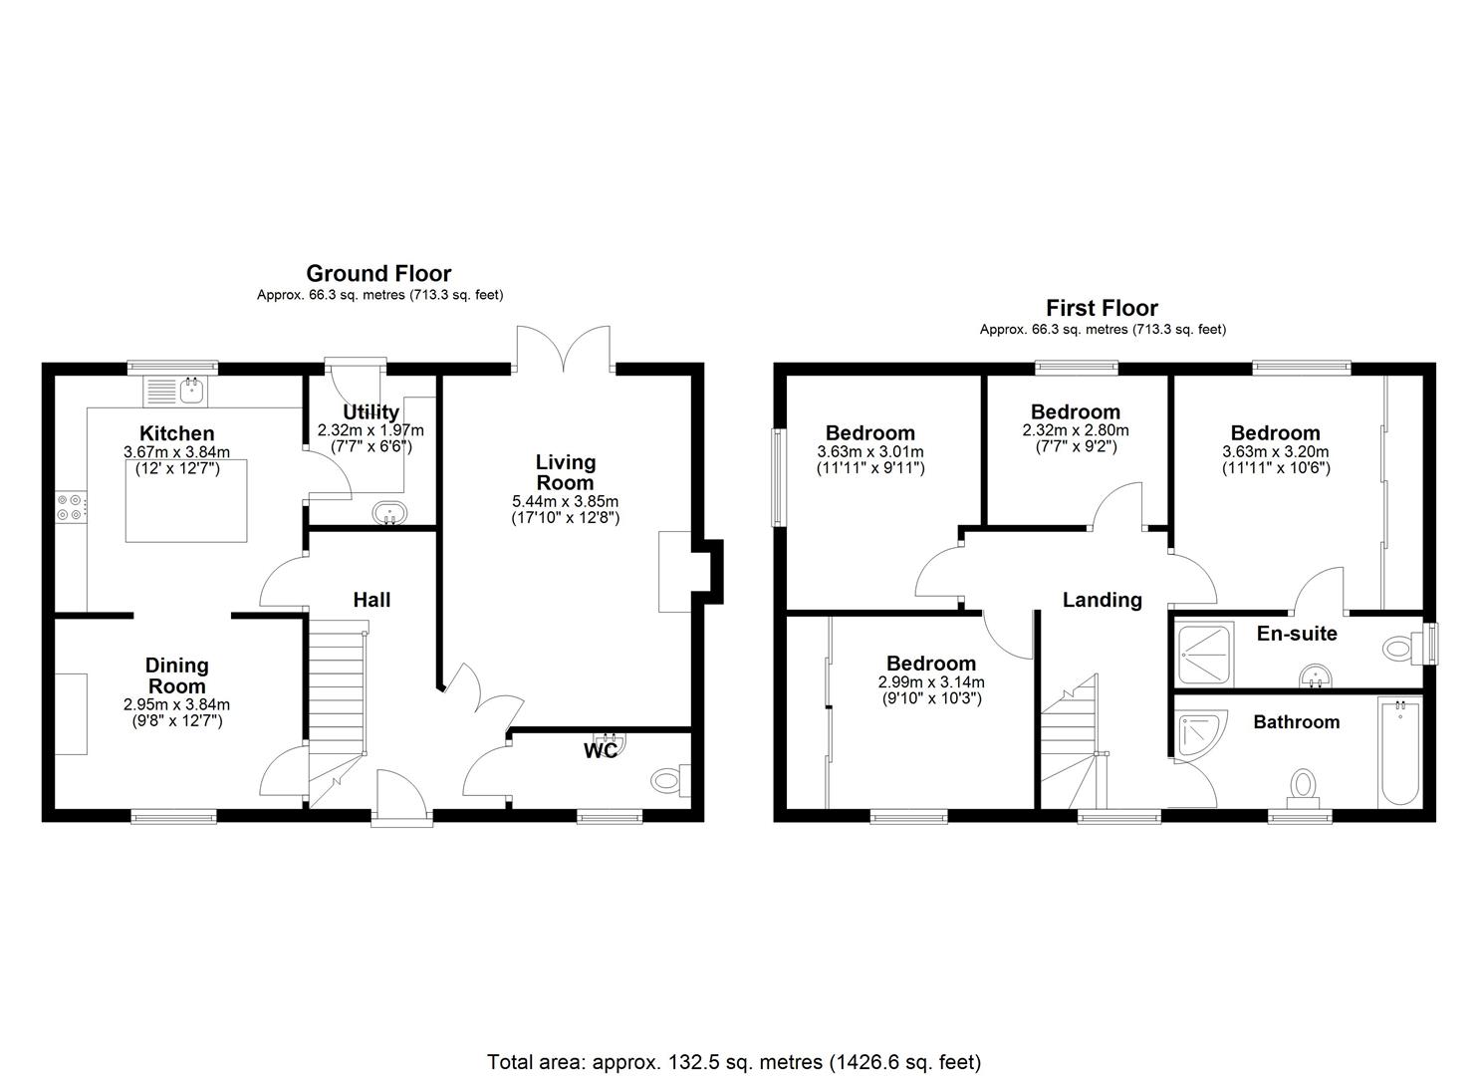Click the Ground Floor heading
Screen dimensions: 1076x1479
[x=378, y=273]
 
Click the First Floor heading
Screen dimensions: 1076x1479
[x=1102, y=308]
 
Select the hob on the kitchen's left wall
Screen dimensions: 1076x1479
[x=71, y=507]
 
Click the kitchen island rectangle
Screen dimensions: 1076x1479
[x=186, y=500]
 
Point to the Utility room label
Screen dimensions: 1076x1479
[x=370, y=411]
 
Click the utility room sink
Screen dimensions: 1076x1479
[x=389, y=513]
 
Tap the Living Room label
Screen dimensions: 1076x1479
[x=565, y=472]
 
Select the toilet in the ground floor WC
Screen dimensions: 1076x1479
[x=669, y=781]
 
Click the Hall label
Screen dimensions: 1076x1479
[x=371, y=599]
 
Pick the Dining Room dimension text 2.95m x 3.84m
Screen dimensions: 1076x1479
[x=176, y=704]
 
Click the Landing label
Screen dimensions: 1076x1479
[x=1102, y=600]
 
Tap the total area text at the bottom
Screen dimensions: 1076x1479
[x=734, y=1061]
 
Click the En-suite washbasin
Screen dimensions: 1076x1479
[x=1319, y=678]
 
